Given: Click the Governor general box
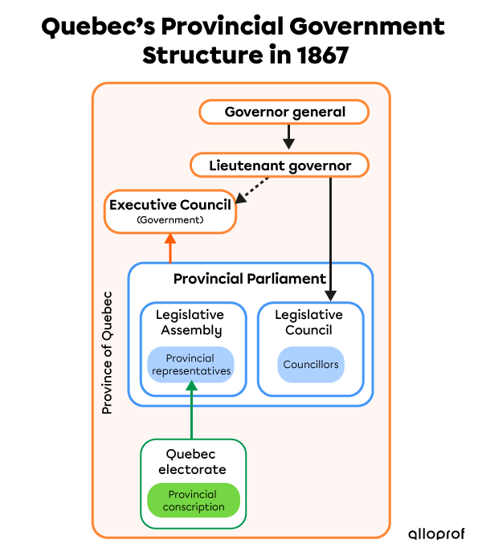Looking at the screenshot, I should click(x=284, y=112).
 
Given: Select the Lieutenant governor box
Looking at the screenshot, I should click(x=280, y=166).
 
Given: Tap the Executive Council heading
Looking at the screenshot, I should click(x=170, y=205).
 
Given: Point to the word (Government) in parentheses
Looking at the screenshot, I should click(x=170, y=219).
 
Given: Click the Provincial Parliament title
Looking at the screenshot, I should click(x=250, y=279).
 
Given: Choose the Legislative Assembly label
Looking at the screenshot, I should click(x=190, y=322).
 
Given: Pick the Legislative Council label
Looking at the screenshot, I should click(x=308, y=322).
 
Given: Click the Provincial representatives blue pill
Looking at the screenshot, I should click(x=190, y=365).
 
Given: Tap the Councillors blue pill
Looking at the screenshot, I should click(x=310, y=365).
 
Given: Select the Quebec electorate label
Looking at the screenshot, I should click(x=192, y=461).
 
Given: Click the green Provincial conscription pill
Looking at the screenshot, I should click(x=194, y=501).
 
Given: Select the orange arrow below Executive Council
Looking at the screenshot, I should click(x=170, y=248).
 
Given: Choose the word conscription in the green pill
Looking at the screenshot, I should click(x=194, y=507).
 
